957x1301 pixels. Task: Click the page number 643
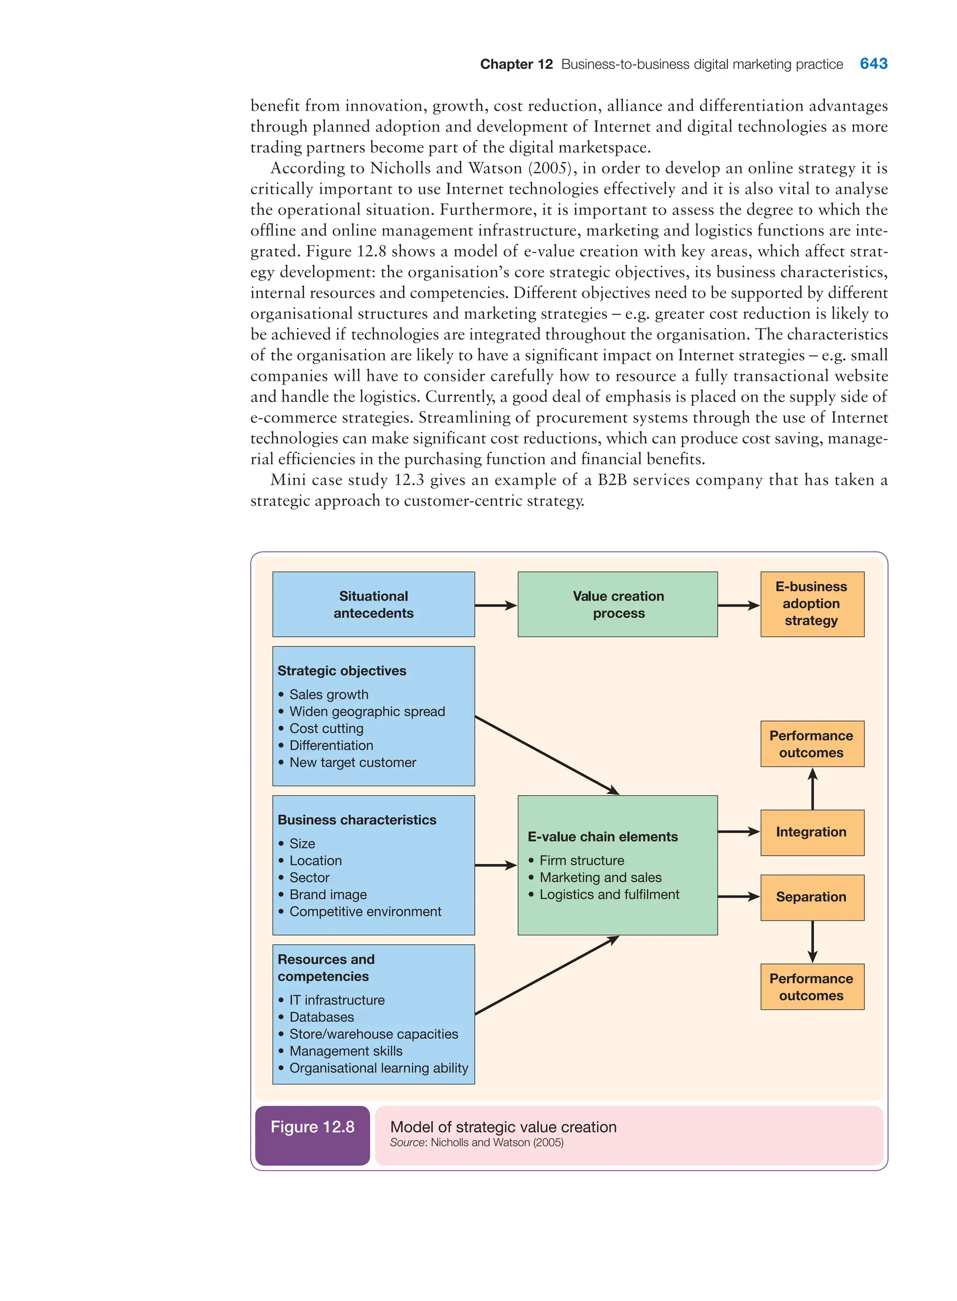[x=873, y=64]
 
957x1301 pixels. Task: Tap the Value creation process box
[x=618, y=604]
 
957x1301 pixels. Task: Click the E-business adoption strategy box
[x=812, y=604]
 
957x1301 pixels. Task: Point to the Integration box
[x=812, y=832]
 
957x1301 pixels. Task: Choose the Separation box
[x=812, y=897]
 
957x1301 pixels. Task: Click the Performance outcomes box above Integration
[x=812, y=744]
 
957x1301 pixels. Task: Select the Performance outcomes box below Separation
[x=812, y=987]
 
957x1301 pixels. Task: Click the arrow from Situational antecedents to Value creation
[x=496, y=605]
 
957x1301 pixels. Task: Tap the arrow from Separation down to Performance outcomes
[x=813, y=942]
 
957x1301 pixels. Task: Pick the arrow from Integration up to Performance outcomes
[x=813, y=789]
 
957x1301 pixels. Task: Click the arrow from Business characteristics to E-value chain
[x=496, y=865]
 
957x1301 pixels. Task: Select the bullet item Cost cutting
[x=326, y=728]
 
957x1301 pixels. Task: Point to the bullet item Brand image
[x=328, y=895]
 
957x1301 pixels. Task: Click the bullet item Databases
[x=321, y=1017]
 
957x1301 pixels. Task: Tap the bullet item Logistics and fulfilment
[x=609, y=895]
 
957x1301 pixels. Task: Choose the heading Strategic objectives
[x=342, y=671]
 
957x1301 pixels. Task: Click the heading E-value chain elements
[x=602, y=837]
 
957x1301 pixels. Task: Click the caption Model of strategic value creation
[x=503, y=1127]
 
